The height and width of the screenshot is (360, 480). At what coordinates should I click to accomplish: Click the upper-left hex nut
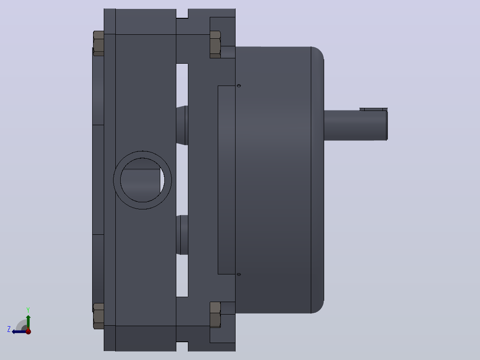click(98, 44)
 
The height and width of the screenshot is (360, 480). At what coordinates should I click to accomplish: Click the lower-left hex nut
click(98, 316)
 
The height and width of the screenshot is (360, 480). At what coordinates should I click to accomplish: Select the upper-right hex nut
click(215, 45)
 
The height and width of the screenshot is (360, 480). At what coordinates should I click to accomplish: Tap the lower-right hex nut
click(215, 315)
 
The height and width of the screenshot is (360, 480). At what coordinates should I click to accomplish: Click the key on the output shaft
click(374, 109)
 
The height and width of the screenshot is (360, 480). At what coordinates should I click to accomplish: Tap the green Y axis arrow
click(28, 322)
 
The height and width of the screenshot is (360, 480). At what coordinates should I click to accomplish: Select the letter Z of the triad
click(9, 329)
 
